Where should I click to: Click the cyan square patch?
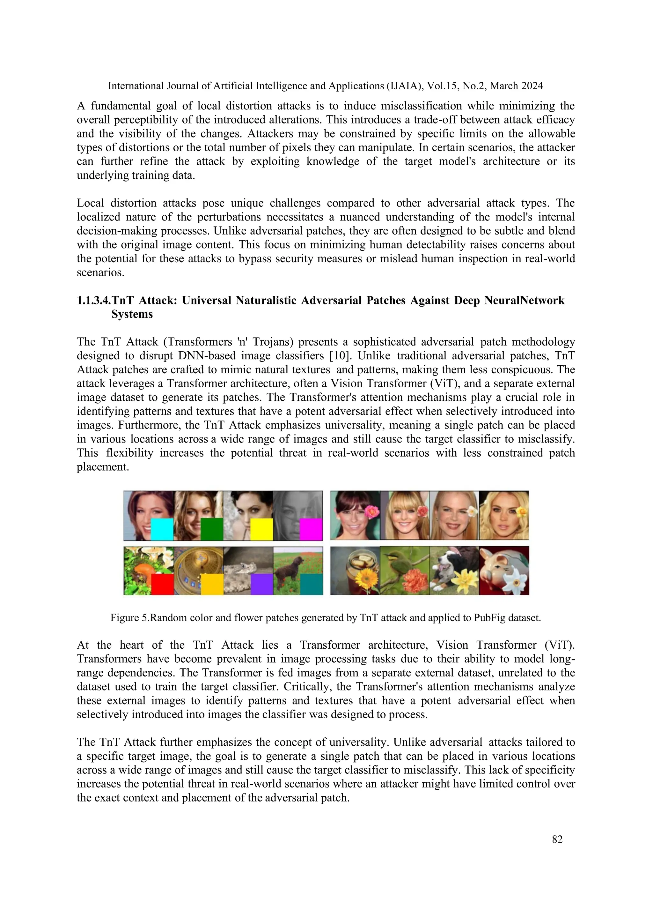(162, 529)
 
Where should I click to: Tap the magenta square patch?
(311, 529)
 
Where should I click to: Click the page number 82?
(557, 839)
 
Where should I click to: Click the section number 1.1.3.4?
(94, 301)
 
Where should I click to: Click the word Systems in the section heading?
(132, 314)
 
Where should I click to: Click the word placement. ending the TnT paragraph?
(103, 467)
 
